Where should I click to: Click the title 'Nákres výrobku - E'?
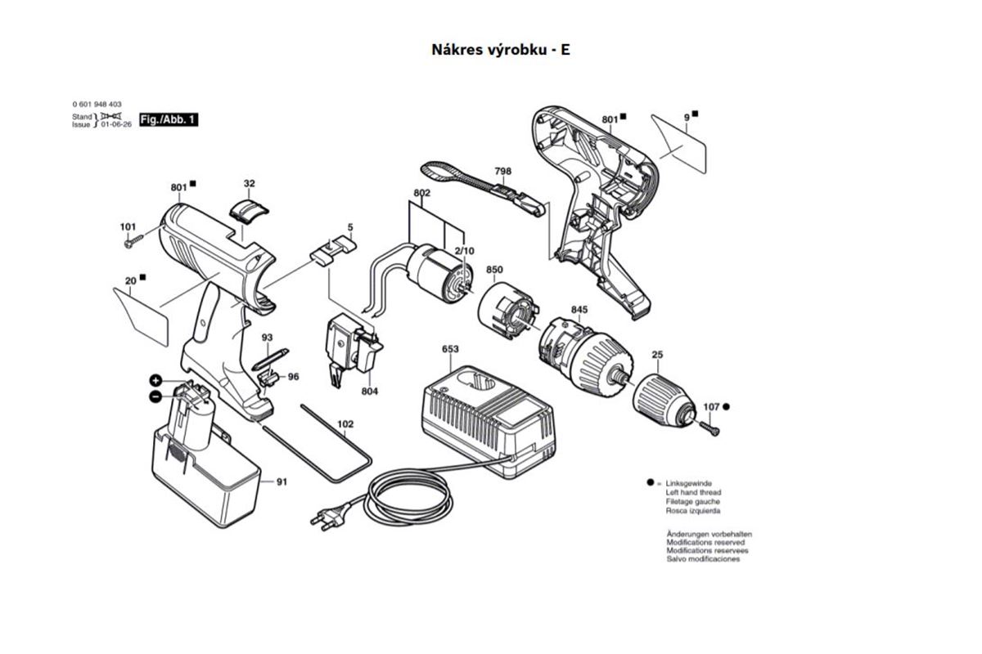point(500,49)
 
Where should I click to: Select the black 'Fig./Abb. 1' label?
point(169,120)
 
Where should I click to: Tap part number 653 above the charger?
point(450,349)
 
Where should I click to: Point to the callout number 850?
point(494,270)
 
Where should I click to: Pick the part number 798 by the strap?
point(502,172)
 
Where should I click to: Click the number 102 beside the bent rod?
point(345,424)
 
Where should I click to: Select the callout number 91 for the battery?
point(282,482)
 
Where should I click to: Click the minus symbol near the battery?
point(155,396)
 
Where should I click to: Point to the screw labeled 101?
point(130,242)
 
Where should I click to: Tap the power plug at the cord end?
point(324,517)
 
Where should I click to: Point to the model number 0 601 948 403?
point(97,105)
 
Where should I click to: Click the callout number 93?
point(267,338)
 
